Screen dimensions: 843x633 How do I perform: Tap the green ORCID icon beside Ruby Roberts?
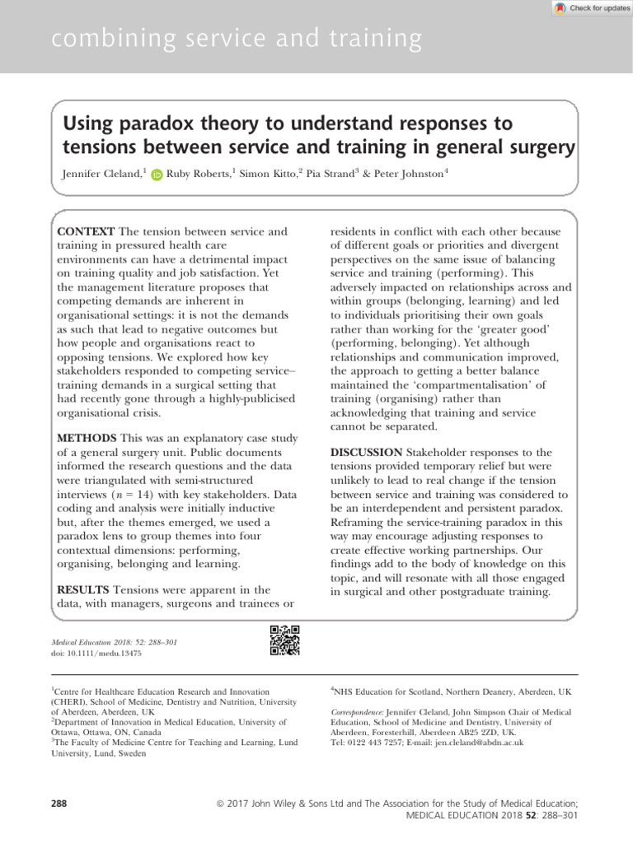157,175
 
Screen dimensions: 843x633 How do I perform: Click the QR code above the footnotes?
284,640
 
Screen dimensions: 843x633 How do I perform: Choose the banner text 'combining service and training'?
237,38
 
